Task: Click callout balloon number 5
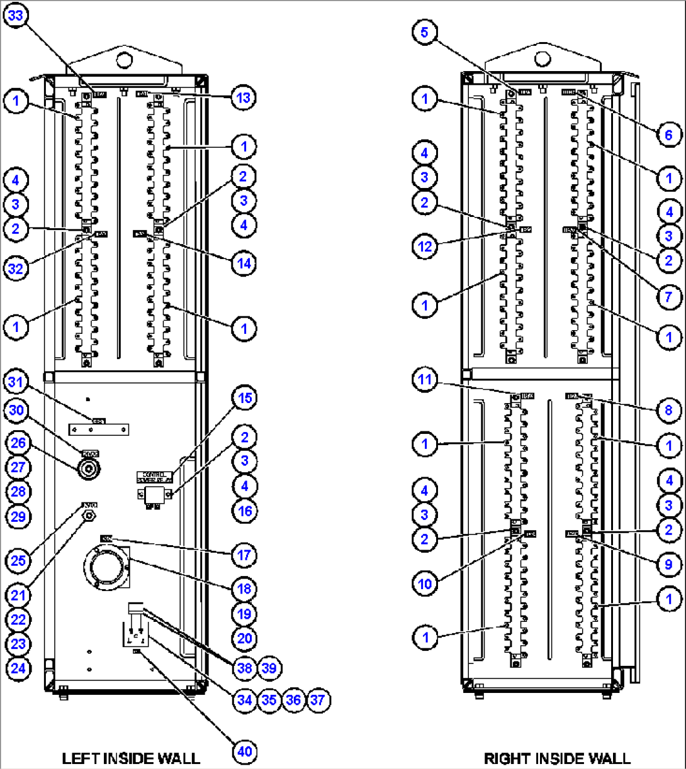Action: coord(425,33)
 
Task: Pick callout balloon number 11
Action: coord(425,379)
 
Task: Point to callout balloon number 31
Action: coord(17,382)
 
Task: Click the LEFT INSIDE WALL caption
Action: coord(131,758)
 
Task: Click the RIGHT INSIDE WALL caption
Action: coord(556,758)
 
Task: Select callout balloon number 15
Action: coord(244,399)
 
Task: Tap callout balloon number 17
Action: coord(244,555)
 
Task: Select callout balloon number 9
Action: coord(669,565)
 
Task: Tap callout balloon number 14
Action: coord(244,263)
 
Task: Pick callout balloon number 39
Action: coord(269,668)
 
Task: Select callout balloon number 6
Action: coord(669,135)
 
